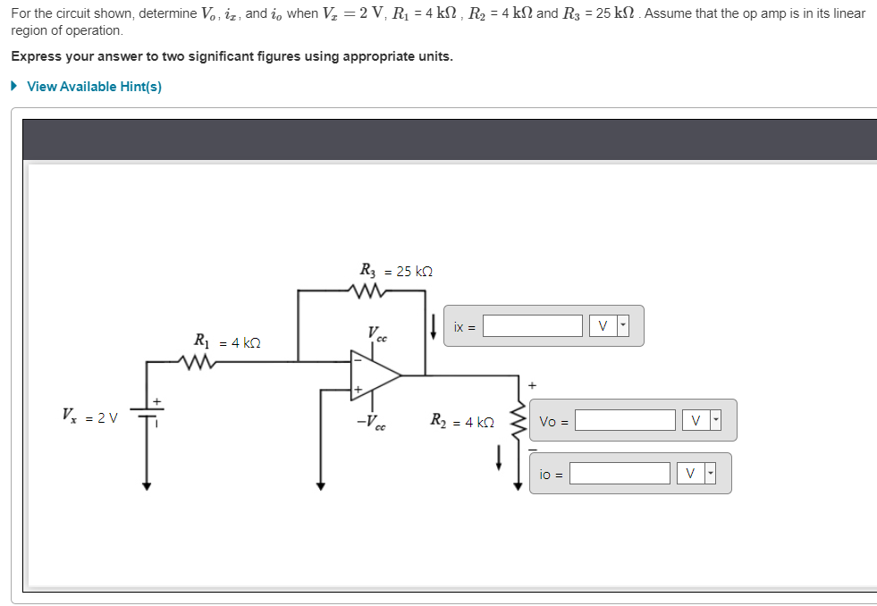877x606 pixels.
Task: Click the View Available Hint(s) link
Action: point(94,87)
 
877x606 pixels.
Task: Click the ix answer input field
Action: point(533,326)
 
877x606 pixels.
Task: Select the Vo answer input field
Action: point(625,420)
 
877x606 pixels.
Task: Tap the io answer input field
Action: point(620,474)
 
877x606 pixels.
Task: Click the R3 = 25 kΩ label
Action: point(396,270)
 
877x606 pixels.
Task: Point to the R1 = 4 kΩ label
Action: point(227,341)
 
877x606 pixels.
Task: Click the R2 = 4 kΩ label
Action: point(461,421)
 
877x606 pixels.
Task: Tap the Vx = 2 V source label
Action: point(89,417)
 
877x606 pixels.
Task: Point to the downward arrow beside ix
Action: point(433,326)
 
